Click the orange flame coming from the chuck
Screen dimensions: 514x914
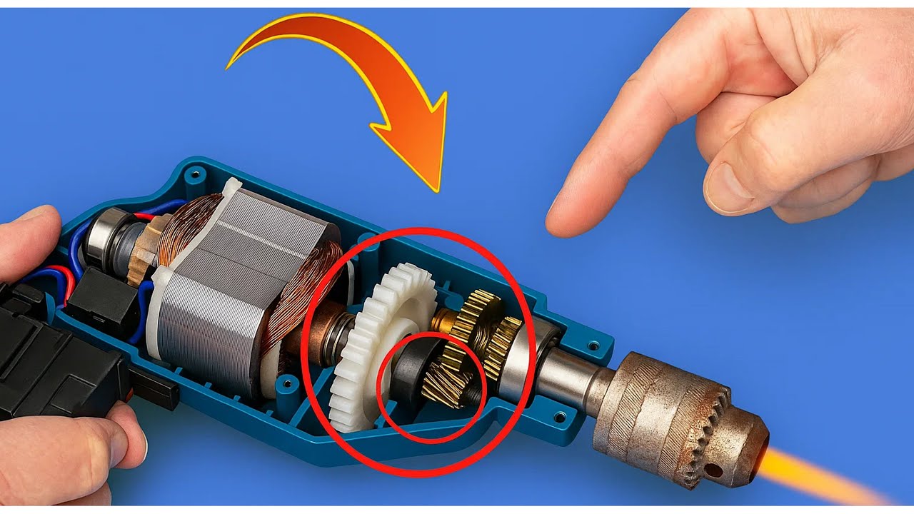(x=821, y=475)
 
